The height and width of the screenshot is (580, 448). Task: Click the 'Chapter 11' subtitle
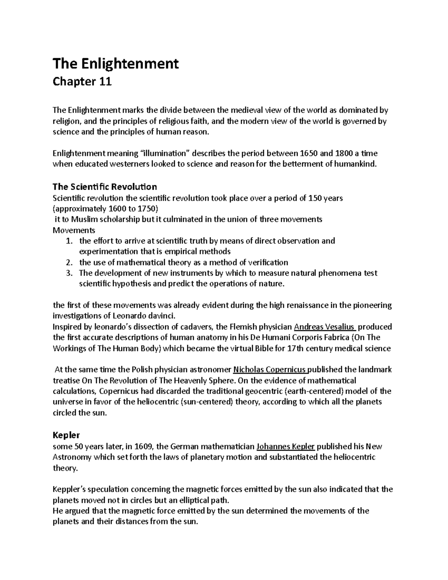point(82,82)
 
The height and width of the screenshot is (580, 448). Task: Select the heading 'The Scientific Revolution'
point(105,186)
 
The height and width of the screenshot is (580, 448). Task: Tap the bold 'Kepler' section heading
point(66,435)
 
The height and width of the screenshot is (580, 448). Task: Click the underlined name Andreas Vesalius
point(325,327)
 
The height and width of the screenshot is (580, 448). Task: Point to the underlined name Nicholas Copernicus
point(271,370)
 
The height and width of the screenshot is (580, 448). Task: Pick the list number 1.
point(68,241)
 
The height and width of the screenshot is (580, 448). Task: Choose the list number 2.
point(68,262)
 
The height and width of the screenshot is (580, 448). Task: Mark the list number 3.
point(68,273)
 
